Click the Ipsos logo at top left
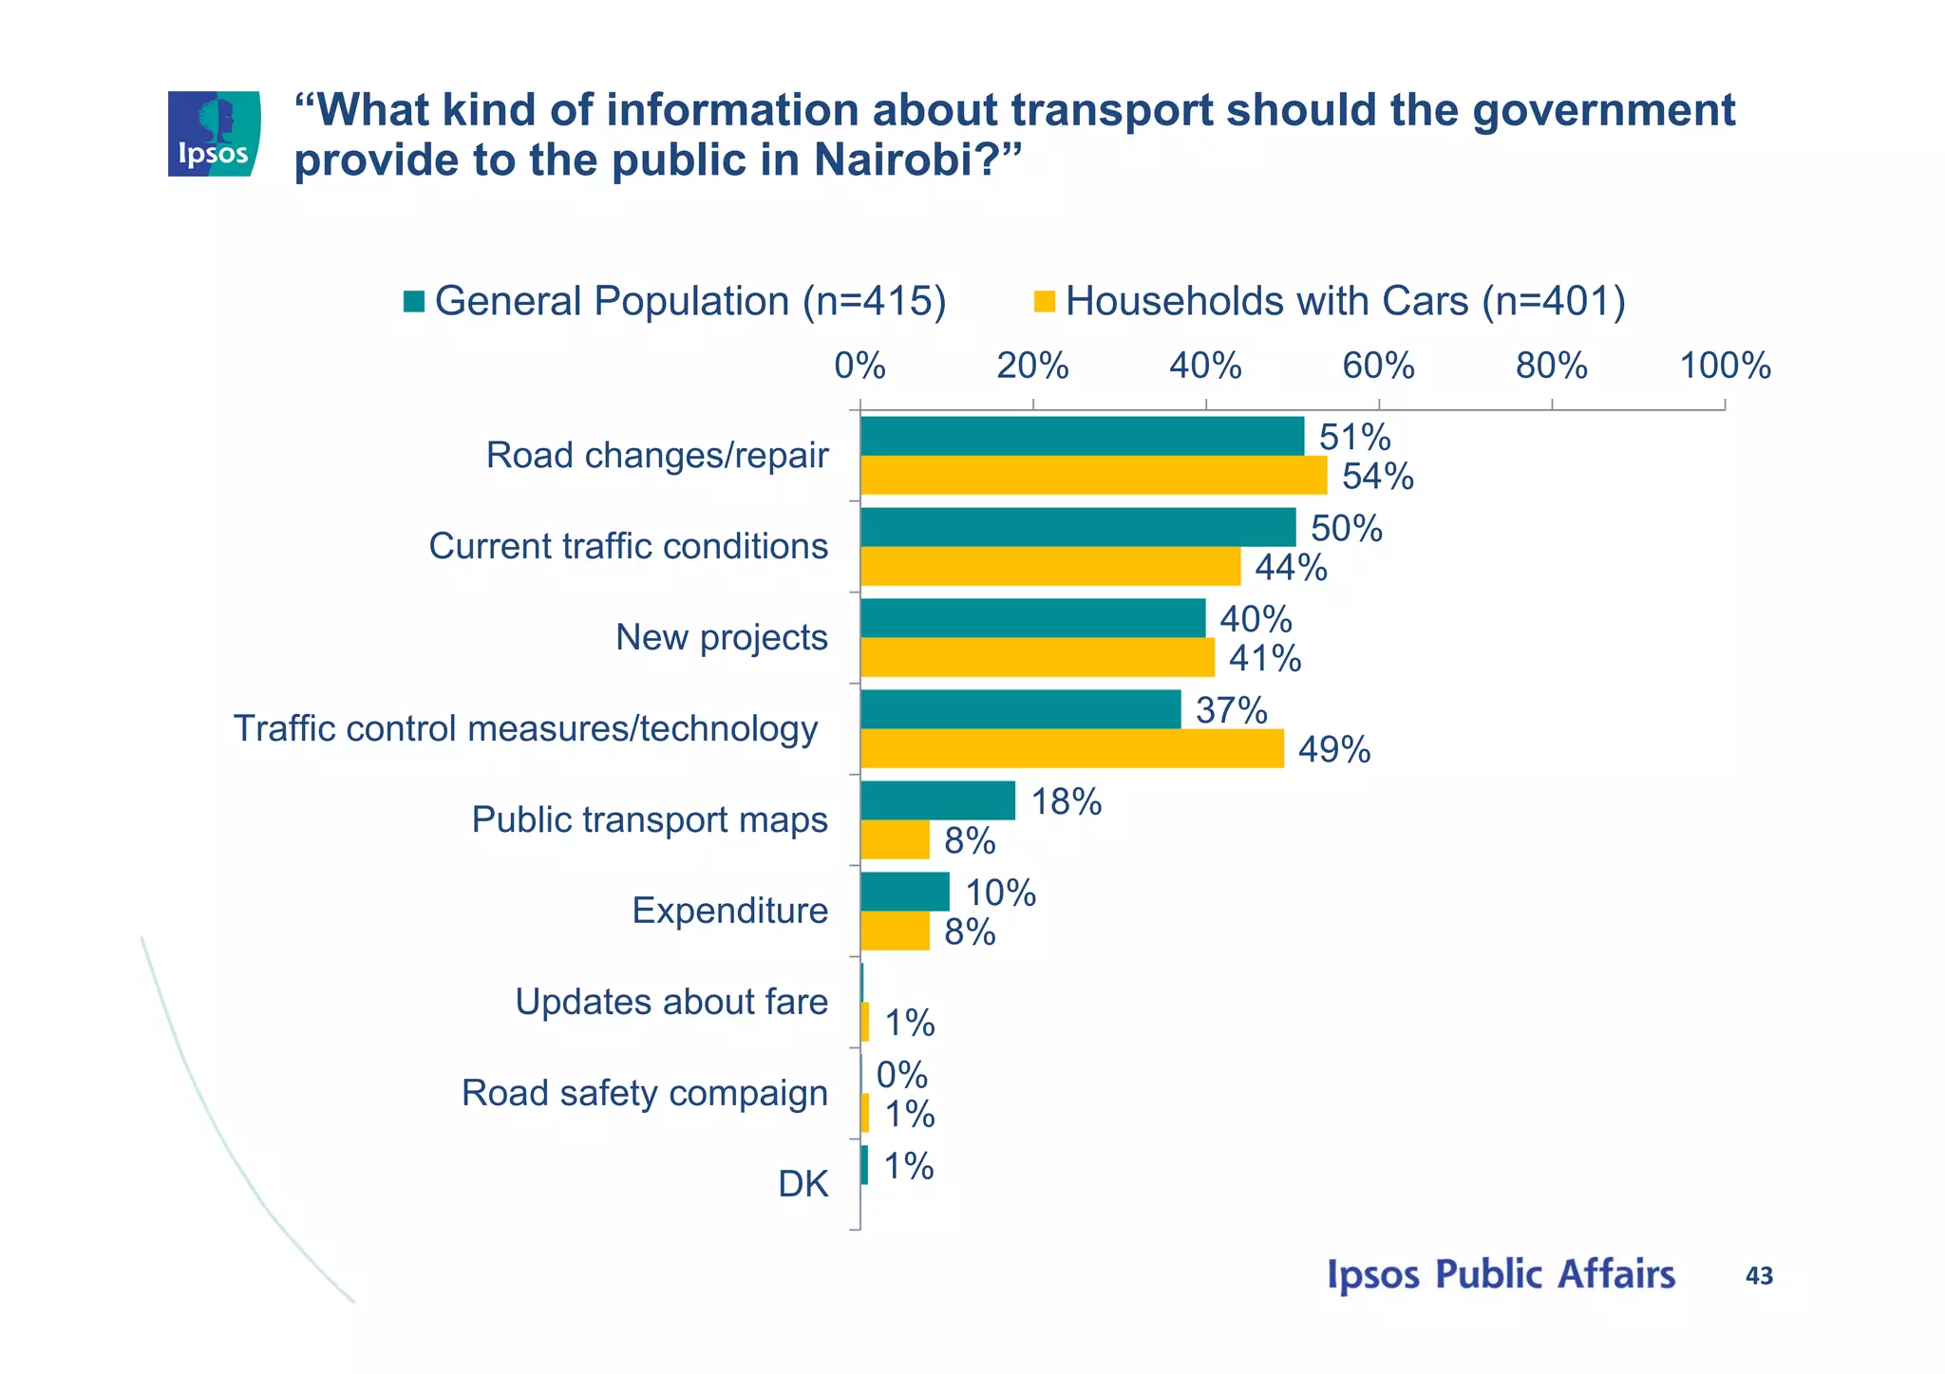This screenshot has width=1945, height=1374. [214, 134]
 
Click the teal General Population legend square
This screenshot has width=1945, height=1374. [414, 301]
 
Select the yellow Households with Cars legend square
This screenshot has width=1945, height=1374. [1045, 301]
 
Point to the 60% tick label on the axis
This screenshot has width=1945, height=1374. [1378, 366]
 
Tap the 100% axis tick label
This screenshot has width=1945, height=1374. [1725, 366]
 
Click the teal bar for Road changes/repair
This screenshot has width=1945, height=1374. [1082, 436]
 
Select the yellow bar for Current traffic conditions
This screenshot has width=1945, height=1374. [1050, 567]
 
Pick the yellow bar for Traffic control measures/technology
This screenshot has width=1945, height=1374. [1072, 749]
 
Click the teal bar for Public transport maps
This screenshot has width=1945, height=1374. [937, 800]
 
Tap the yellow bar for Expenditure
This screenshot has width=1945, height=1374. [895, 932]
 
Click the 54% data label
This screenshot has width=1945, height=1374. [1377, 477]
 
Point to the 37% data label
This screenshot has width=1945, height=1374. [1231, 710]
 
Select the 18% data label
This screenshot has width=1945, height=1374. [1066, 802]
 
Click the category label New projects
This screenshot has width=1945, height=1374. [721, 637]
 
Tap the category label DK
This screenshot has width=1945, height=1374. [803, 1184]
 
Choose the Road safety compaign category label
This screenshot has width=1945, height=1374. [644, 1093]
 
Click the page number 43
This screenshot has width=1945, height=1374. [1759, 1276]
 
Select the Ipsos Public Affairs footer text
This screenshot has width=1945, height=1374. [1501, 1274]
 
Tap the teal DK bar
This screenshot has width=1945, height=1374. [864, 1165]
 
